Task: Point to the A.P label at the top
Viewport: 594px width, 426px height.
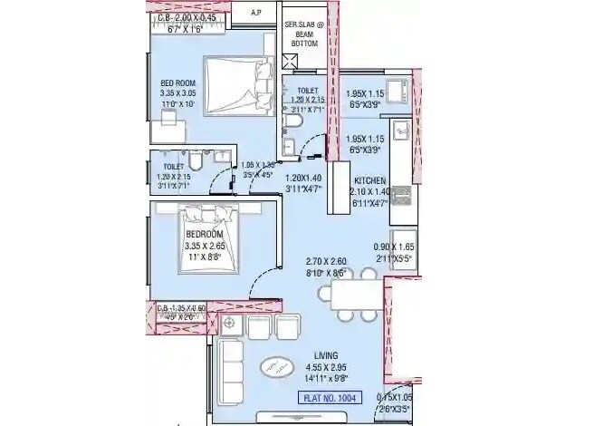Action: tap(257, 13)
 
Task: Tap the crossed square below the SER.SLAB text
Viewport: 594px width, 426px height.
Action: tap(290, 61)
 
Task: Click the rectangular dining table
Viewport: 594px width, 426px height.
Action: tap(356, 295)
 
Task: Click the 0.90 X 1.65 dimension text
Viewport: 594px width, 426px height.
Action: tap(395, 247)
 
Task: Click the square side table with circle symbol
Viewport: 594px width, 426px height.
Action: tap(229, 324)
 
